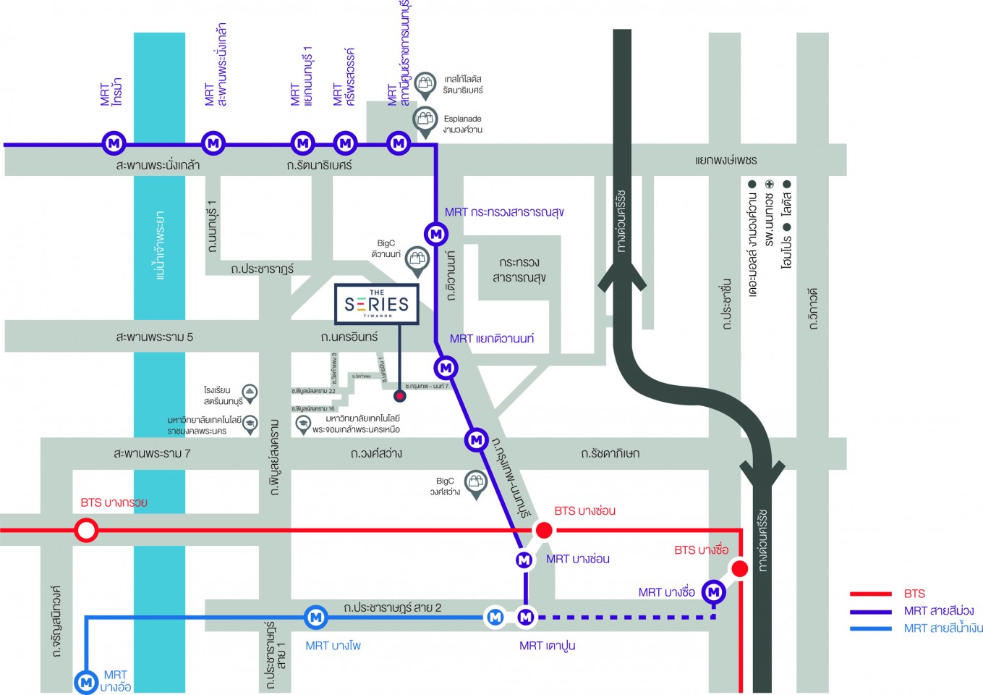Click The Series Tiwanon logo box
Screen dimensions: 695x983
[377, 304]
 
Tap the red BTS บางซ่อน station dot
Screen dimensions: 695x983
[543, 531]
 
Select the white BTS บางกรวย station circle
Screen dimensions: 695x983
[86, 531]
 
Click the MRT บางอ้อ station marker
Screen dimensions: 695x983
[85, 681]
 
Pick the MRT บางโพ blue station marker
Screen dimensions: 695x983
[315, 617]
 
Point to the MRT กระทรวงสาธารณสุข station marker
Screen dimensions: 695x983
[436, 234]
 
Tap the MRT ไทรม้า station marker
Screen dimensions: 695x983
[114, 143]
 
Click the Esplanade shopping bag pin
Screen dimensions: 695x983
[425, 121]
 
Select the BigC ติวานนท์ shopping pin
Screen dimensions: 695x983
[417, 260]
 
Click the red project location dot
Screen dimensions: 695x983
[399, 396]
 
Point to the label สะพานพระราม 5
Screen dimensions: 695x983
[154, 337]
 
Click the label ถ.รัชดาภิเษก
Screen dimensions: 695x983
[610, 453]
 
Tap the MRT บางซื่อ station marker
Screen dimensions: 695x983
[714, 592]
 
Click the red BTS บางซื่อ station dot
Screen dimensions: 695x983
[739, 569]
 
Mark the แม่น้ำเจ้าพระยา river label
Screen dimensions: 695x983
[160, 245]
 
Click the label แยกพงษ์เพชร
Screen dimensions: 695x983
[725, 160]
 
